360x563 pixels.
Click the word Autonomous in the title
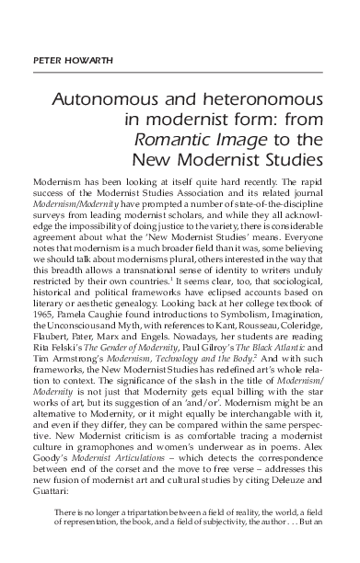(x=111, y=98)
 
